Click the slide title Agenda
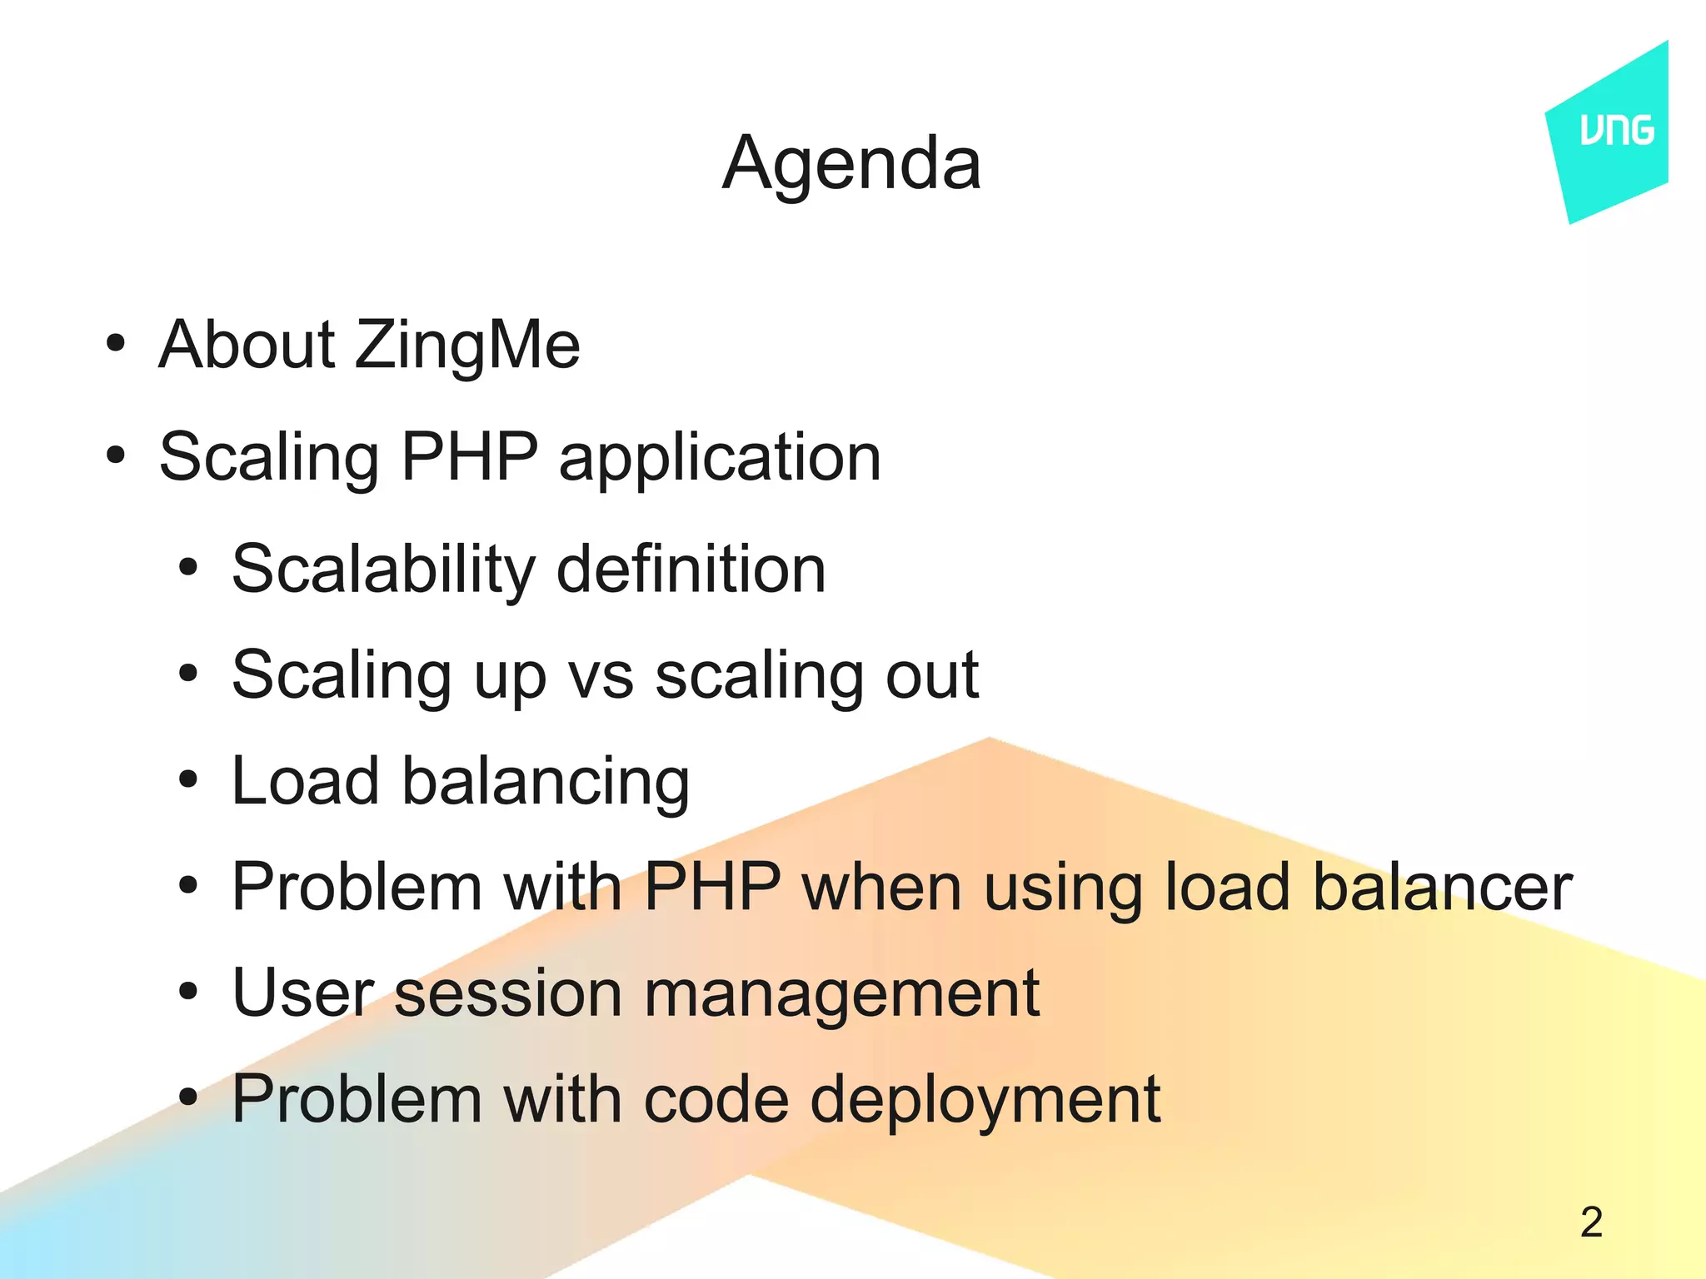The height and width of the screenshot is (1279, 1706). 851,164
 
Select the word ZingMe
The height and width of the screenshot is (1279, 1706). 467,345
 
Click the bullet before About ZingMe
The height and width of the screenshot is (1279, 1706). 116,344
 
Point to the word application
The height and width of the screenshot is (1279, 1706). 720,458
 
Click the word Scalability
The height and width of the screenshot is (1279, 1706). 383,570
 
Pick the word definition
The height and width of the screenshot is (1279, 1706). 691,570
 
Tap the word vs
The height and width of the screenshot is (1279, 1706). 601,675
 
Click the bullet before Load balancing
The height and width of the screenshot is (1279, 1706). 189,781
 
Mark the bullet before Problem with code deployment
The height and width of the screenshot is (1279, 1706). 189,1098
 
